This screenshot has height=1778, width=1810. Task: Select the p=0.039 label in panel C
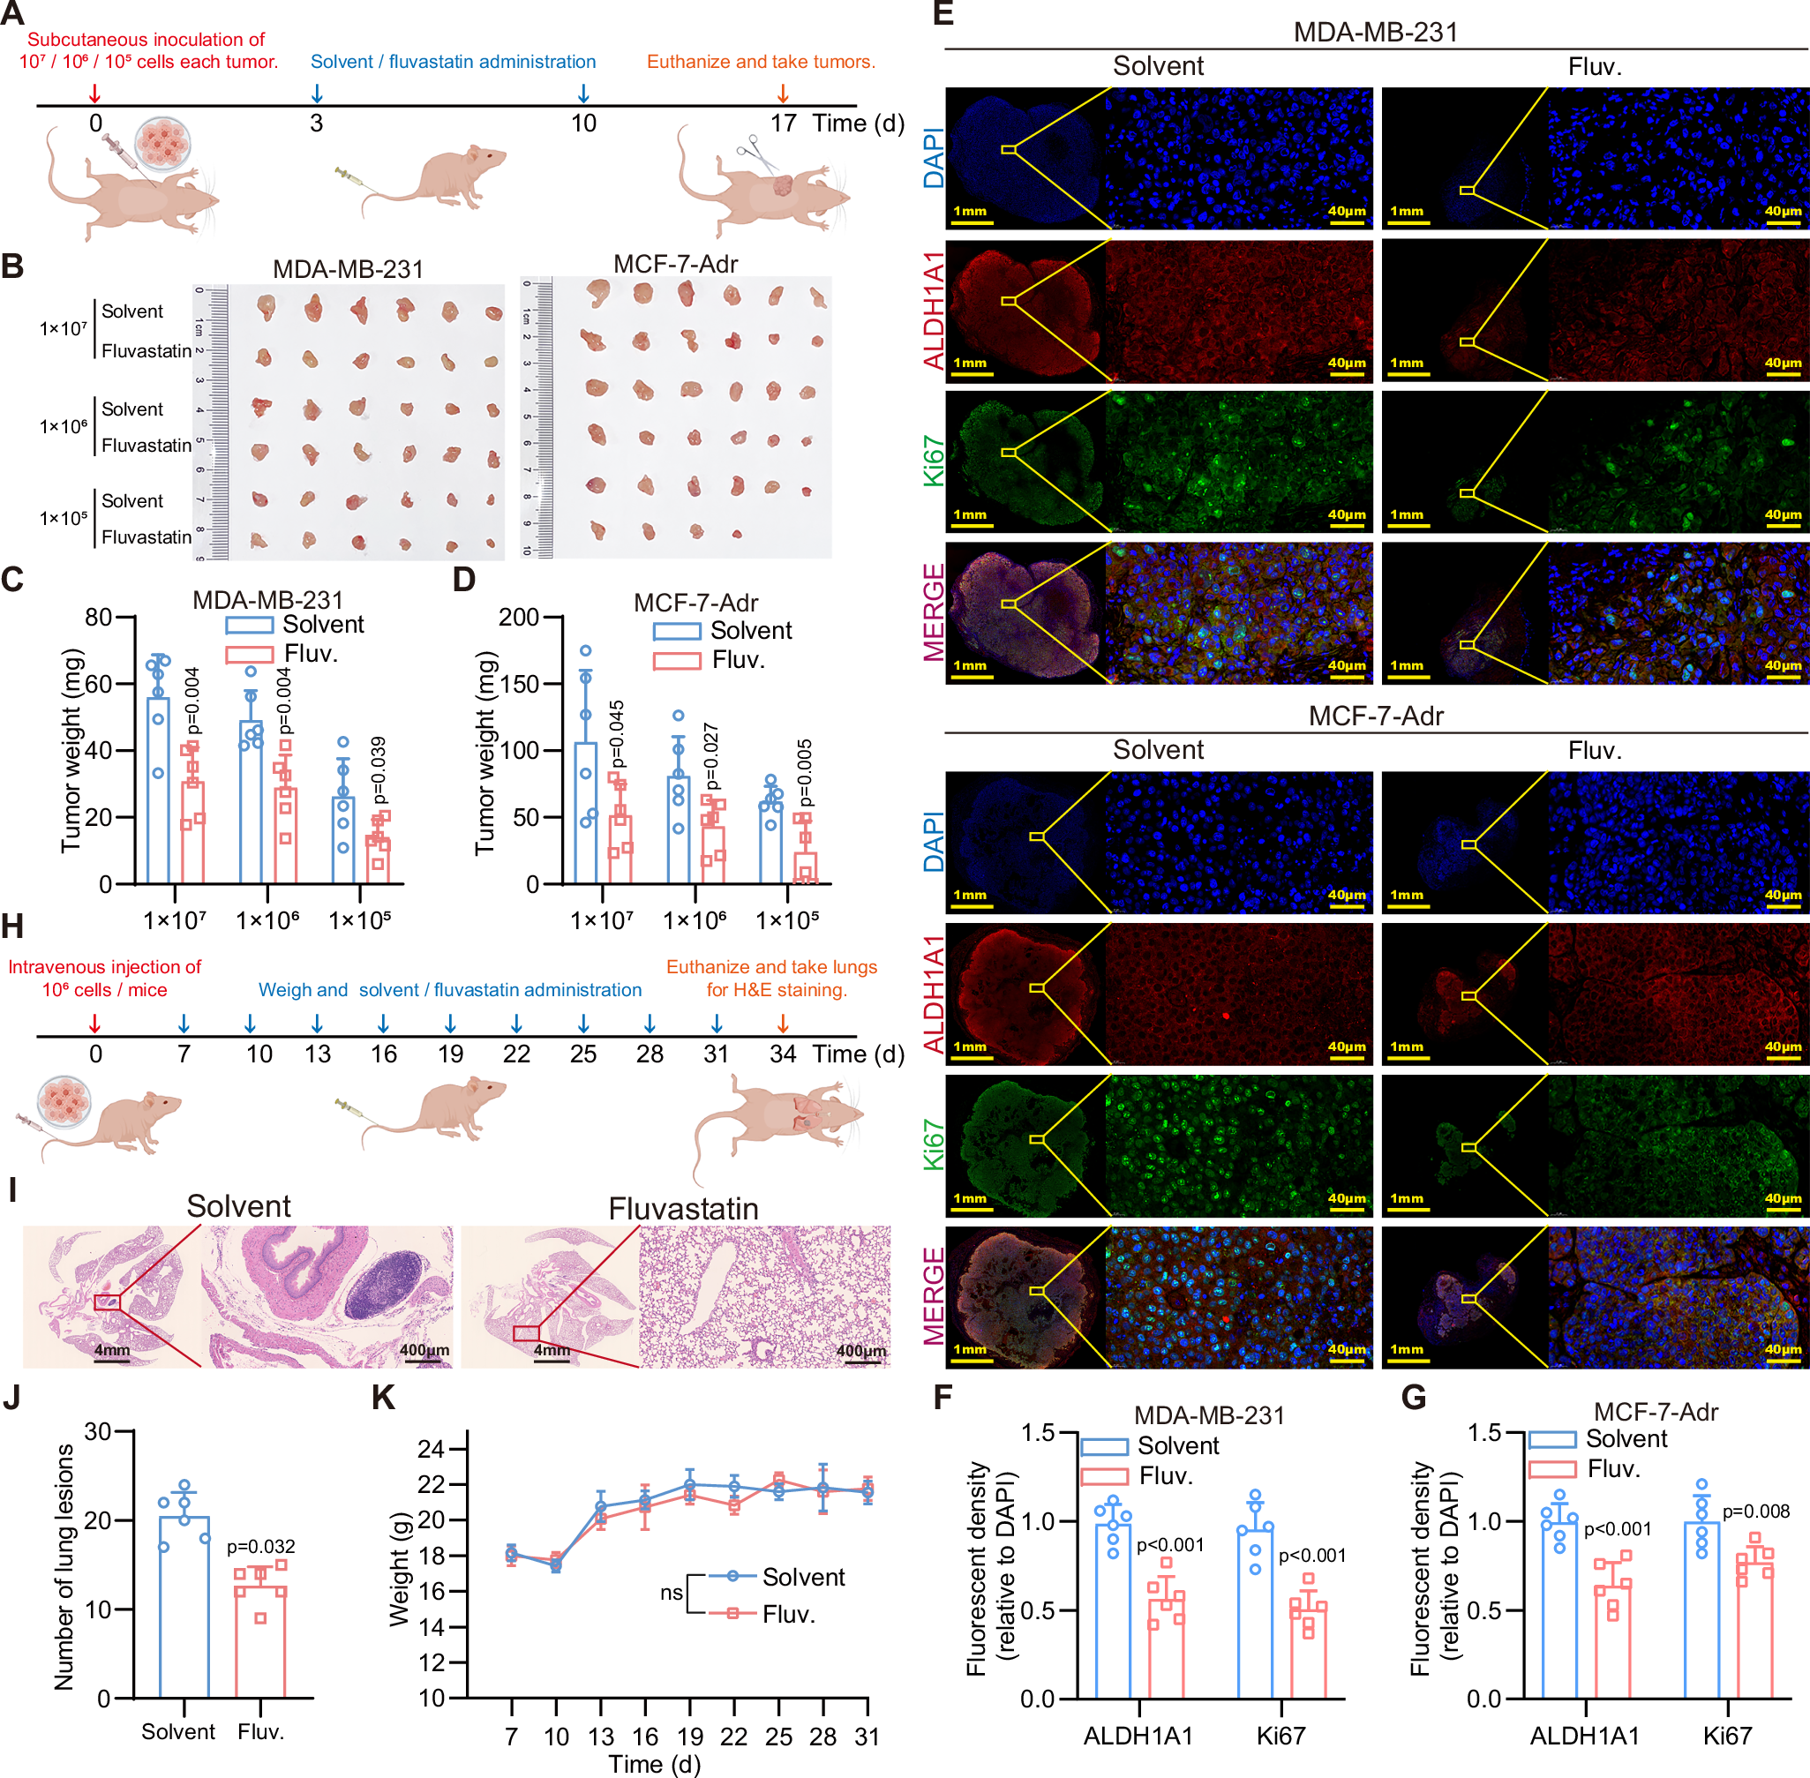point(378,770)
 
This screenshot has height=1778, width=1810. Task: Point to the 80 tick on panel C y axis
point(99,618)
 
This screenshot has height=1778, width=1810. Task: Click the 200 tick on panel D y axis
point(518,618)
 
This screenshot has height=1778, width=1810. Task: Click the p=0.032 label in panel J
point(261,1547)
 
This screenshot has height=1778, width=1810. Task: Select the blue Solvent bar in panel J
point(184,1606)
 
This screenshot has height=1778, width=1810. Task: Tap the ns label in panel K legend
point(671,1592)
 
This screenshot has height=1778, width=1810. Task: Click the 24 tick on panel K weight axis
point(431,1448)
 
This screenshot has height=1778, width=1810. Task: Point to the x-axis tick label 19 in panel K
point(689,1736)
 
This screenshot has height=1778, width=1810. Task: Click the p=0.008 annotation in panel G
point(1756,1511)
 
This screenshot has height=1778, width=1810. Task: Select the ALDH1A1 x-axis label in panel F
point(1138,1735)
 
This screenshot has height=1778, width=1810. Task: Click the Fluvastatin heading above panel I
point(683,1208)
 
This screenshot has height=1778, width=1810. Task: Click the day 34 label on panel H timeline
point(783,1054)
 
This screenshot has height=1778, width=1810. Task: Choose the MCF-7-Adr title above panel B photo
point(675,264)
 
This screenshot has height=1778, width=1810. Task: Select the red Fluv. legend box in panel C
point(250,655)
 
